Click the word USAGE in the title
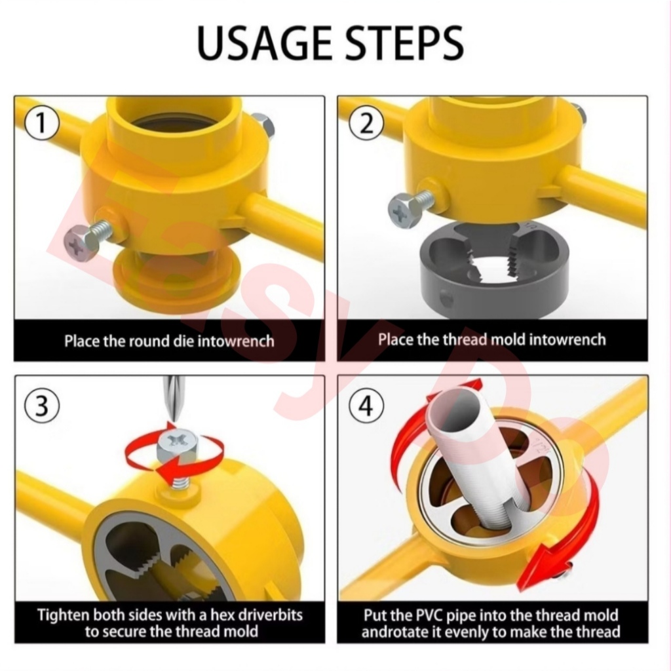(x=265, y=43)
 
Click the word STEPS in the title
(x=404, y=43)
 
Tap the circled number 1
(x=41, y=124)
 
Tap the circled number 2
(x=366, y=124)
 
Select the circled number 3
(x=41, y=405)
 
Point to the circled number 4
(x=366, y=405)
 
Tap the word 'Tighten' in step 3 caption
(x=64, y=615)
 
